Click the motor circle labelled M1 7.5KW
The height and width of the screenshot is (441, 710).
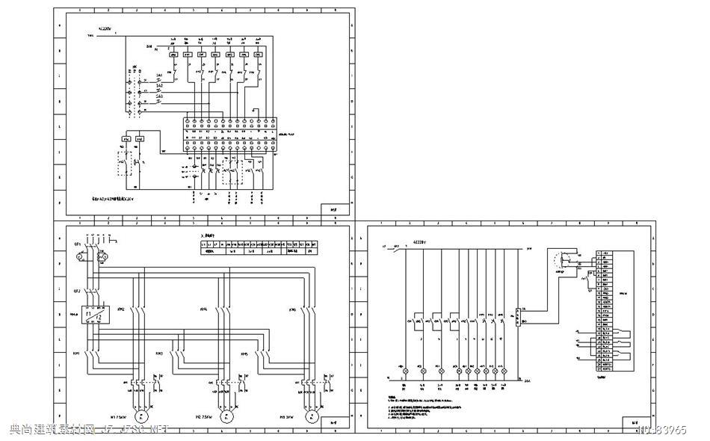click(x=141, y=416)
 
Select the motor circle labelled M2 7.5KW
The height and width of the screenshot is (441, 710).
click(x=224, y=416)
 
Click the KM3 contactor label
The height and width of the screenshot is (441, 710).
click(x=158, y=352)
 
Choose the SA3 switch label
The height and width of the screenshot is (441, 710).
click(x=158, y=96)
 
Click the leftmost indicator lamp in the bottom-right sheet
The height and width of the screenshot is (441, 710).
click(x=406, y=371)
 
